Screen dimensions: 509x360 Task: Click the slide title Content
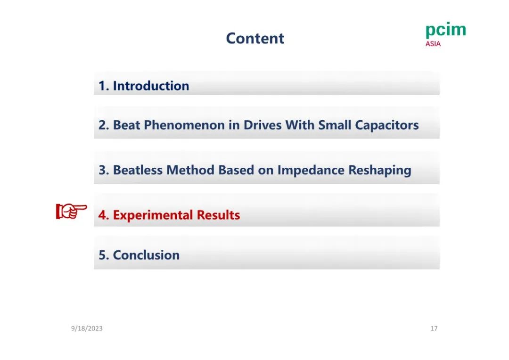click(255, 38)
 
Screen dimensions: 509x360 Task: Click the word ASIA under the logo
click(433, 44)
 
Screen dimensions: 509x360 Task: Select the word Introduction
click(151, 86)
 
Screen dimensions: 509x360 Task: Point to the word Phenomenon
click(184, 125)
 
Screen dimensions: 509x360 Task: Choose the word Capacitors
click(386, 125)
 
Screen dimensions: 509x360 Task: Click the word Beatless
click(138, 170)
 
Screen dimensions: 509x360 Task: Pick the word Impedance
click(311, 170)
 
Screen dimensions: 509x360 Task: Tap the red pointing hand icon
click(72, 211)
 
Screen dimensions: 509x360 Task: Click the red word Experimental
click(153, 215)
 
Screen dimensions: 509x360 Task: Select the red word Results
click(219, 215)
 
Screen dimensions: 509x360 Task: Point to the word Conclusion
click(146, 255)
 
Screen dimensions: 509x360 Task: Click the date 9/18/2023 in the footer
click(87, 328)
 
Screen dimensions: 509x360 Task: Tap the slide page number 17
click(434, 328)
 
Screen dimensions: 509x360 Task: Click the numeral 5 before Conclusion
click(102, 255)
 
